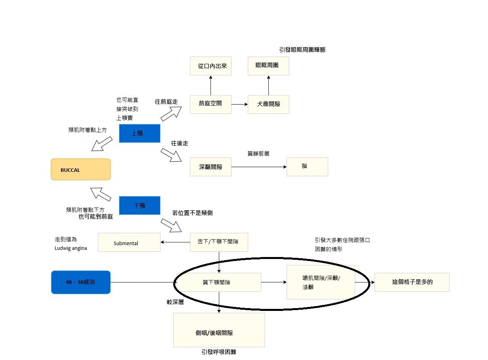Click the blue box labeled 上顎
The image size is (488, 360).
(x=140, y=133)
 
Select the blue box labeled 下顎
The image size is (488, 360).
(x=140, y=206)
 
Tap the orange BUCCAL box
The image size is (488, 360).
(x=80, y=170)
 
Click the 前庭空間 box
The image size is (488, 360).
(x=210, y=104)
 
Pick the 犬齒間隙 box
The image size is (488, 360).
(x=268, y=104)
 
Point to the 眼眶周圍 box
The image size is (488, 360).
(x=268, y=66)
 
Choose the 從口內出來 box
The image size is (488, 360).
(x=210, y=66)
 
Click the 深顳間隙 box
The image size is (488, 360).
(x=210, y=167)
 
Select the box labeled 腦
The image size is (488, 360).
(x=307, y=167)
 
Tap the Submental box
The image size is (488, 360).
(x=129, y=243)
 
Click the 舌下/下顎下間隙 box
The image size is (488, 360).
(x=219, y=242)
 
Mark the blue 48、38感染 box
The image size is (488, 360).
(x=80, y=282)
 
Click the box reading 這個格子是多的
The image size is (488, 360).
(x=412, y=282)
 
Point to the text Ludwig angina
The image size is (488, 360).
(x=71, y=248)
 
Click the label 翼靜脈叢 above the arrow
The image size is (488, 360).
(x=258, y=154)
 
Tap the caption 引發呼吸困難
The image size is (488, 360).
(x=219, y=352)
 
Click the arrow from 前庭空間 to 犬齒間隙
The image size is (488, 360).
(x=239, y=105)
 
